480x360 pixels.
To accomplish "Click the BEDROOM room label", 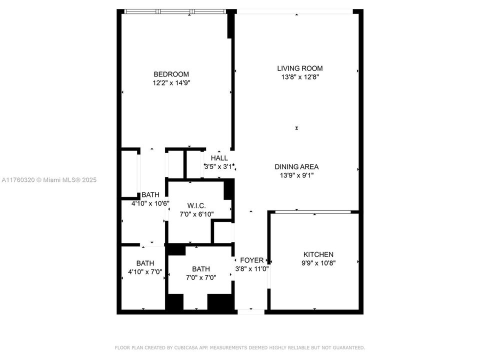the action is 171,74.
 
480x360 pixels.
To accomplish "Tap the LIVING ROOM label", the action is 300,68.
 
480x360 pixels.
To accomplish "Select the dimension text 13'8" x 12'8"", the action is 300,77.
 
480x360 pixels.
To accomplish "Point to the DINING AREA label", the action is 296,167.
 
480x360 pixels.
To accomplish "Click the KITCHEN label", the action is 318,254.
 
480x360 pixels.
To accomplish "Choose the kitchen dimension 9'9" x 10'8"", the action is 318,263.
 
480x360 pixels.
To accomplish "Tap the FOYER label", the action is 251,260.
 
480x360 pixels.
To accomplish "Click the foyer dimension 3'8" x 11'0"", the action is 251,269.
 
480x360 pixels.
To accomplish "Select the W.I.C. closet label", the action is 196,205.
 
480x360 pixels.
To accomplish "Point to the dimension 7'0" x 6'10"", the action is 196,214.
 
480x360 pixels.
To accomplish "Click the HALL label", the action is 219,158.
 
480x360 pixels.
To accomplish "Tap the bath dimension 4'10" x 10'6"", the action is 150,203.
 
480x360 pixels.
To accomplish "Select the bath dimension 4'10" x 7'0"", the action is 145,272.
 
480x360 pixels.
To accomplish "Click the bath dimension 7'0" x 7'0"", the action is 201,277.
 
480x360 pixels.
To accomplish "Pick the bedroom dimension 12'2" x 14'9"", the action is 171,82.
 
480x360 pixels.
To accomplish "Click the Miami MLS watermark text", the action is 49,180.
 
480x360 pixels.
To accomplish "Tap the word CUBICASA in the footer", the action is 186,348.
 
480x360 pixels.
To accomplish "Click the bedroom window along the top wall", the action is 175,11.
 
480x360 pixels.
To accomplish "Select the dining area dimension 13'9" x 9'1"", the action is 296,175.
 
